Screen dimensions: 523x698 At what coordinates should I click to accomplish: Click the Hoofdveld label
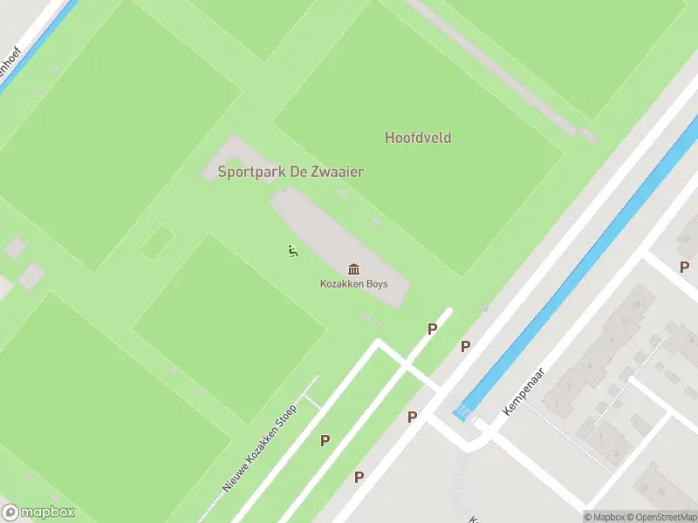[x=418, y=138]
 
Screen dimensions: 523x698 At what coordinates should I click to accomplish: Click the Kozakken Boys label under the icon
[x=353, y=284]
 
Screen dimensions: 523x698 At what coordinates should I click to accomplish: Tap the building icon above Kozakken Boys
[x=353, y=268]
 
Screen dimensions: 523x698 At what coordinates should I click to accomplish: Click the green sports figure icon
[x=291, y=252]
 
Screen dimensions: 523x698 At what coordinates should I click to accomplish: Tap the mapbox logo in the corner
[x=38, y=513]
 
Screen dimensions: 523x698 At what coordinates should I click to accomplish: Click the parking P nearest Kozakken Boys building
[x=431, y=329]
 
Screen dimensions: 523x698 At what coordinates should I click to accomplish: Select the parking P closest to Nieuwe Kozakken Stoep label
[x=325, y=440]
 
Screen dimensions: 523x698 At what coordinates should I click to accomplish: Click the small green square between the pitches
[x=158, y=241]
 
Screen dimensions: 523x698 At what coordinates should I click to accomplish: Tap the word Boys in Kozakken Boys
[x=377, y=284]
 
